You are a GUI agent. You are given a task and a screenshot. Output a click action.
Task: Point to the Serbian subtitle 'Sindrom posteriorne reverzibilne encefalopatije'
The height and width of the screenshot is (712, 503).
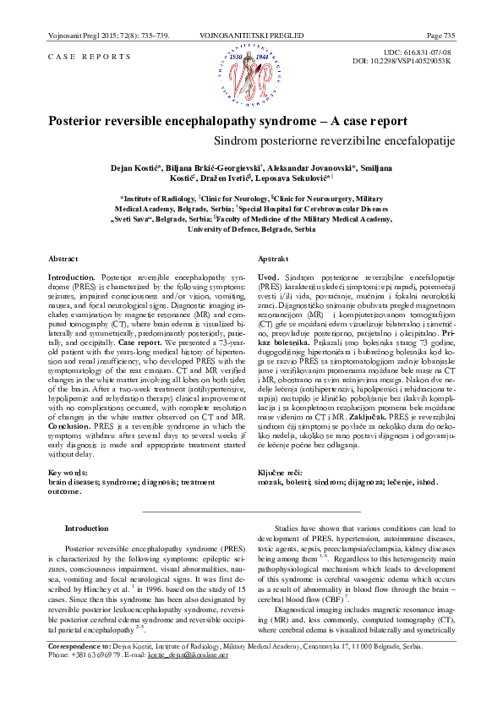335,137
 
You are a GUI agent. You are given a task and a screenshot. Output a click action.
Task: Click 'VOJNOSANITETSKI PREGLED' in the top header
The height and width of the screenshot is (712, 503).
251,35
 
